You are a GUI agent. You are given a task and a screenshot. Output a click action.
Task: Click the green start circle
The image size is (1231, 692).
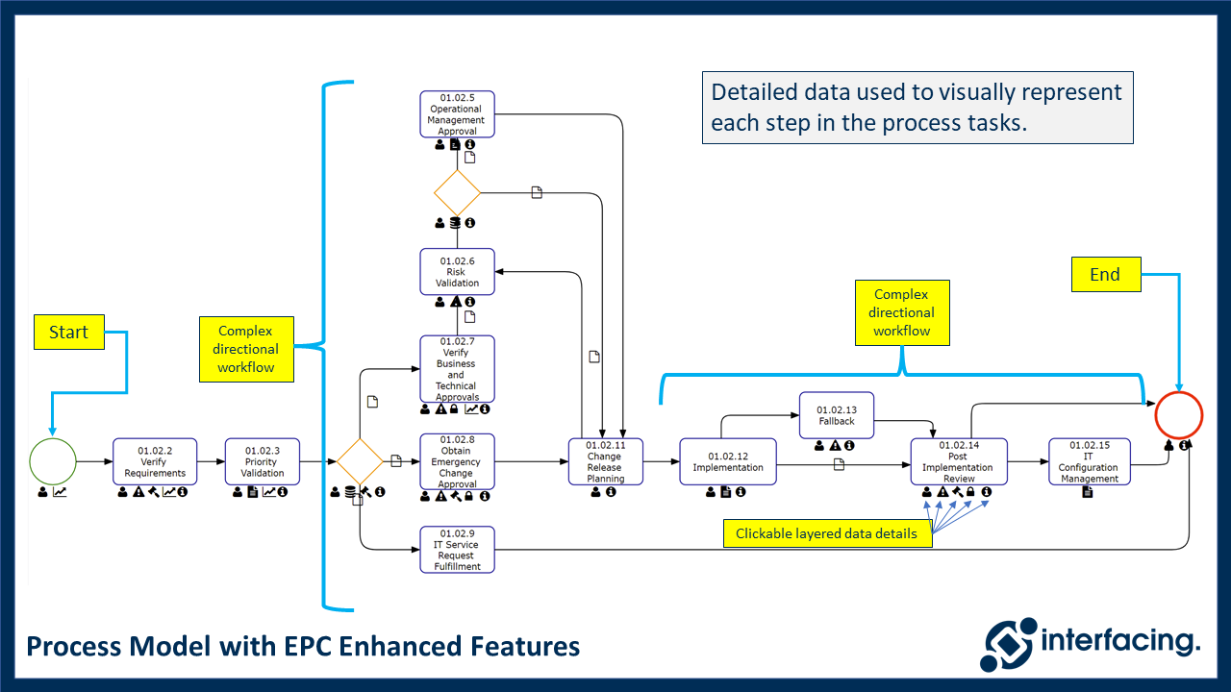53,461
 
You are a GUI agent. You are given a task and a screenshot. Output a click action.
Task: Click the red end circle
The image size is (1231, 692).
1178,416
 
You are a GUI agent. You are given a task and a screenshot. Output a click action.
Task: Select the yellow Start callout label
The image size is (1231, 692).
68,333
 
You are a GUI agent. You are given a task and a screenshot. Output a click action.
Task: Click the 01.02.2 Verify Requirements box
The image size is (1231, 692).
155,461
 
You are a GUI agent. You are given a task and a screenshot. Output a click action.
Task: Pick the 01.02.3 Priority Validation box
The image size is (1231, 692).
262,461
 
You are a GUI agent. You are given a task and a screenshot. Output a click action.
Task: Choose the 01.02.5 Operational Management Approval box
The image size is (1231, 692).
457,114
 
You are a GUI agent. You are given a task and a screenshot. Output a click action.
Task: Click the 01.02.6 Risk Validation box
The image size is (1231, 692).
457,272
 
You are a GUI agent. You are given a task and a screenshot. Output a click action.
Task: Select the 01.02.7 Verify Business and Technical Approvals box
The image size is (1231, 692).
457,368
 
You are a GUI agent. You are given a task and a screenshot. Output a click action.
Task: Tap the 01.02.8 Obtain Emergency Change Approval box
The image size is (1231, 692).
457,461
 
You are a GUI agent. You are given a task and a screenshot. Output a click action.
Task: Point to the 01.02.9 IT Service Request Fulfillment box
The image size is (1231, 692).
457,550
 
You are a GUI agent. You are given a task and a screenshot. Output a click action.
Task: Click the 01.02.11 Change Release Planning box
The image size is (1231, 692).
605,461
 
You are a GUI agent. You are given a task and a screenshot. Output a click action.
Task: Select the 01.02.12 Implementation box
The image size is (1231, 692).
728,461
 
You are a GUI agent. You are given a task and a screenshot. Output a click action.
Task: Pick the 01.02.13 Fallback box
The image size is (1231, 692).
837,415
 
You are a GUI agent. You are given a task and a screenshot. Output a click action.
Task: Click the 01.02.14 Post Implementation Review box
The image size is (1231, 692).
958,461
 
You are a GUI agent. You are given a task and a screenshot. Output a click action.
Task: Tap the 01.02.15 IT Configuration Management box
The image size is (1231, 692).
1089,461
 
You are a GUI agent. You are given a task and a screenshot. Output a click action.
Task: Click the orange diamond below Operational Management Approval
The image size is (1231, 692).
457,193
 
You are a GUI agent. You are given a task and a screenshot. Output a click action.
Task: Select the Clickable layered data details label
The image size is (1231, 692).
826,534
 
